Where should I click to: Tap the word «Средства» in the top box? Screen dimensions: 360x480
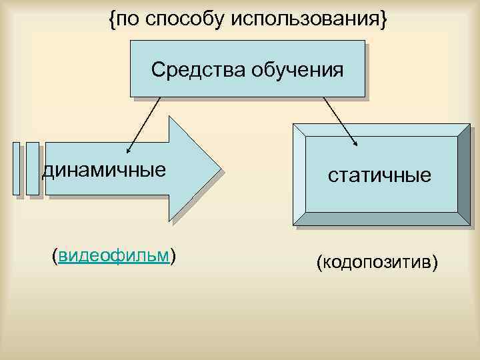click(198, 69)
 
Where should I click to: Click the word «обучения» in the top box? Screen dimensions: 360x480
click(297, 69)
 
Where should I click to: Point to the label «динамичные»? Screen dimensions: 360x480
click(104, 171)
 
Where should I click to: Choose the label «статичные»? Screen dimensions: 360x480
click(379, 176)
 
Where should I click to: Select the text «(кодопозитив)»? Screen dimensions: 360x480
click(378, 263)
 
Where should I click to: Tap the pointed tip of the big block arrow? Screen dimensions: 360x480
click(219, 169)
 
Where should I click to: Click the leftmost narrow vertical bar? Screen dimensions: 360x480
click(17, 169)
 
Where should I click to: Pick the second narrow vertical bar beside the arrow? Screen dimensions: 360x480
click(32, 169)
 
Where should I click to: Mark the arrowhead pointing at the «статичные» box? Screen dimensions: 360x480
click(357, 143)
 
